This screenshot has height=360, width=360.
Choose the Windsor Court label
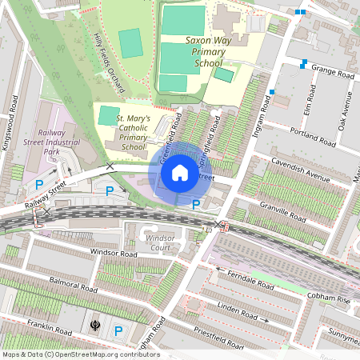point(160,242)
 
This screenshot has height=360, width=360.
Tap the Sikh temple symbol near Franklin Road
point(98,327)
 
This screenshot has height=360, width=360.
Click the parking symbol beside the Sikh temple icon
point(118,330)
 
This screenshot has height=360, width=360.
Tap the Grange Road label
point(332,74)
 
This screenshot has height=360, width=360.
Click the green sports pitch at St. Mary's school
point(108,115)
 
